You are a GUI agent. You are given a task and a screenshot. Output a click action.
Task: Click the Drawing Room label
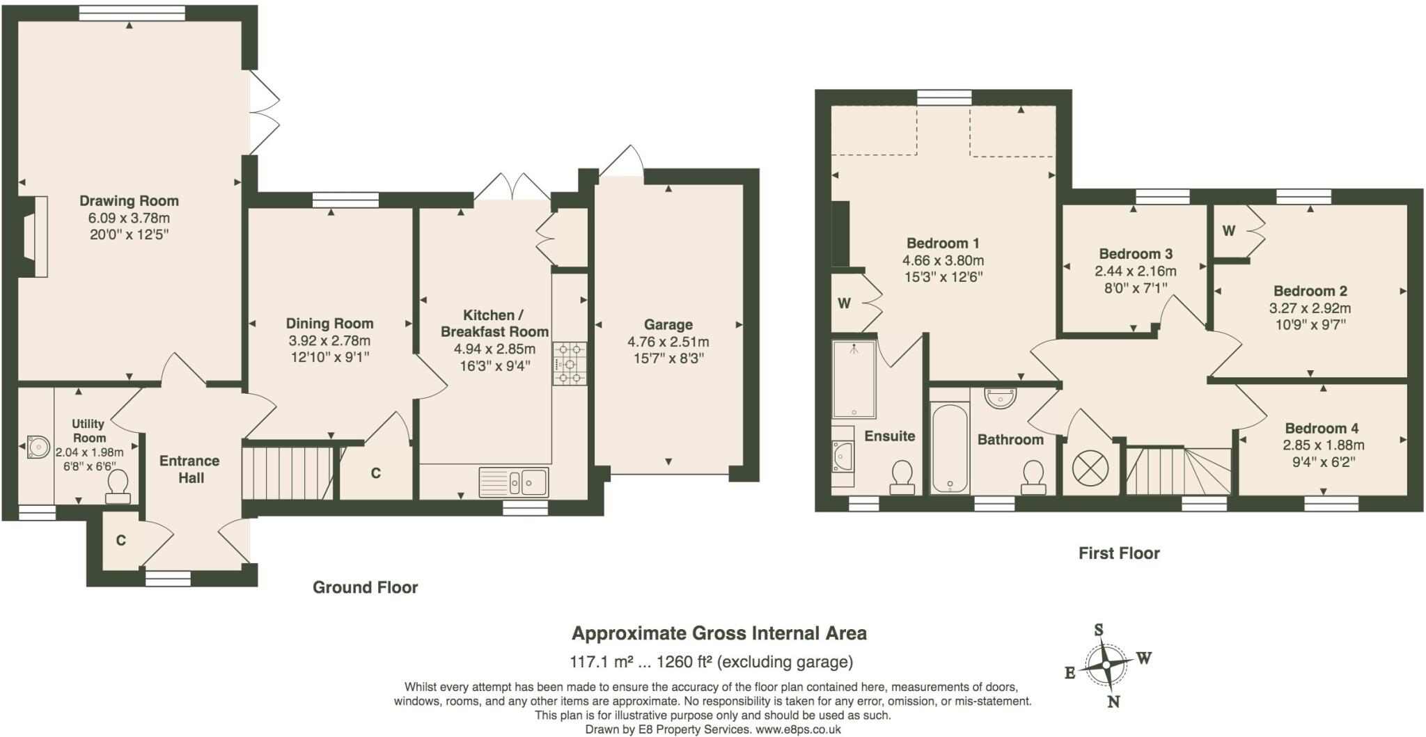(129, 201)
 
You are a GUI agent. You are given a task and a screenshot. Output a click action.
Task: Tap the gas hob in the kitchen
(570, 363)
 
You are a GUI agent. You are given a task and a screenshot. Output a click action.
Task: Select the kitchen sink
(514, 481)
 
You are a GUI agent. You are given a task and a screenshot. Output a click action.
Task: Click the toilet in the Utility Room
(118, 486)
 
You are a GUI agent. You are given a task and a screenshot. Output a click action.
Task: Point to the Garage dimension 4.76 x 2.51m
(668, 342)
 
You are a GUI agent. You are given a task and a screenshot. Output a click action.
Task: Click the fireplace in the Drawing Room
(33, 237)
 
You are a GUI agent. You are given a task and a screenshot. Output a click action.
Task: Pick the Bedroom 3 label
(1136, 254)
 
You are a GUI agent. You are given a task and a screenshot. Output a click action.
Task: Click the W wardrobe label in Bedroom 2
(1228, 230)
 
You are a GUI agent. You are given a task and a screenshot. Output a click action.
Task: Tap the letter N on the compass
(1113, 702)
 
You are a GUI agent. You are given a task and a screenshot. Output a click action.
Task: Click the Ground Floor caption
(365, 587)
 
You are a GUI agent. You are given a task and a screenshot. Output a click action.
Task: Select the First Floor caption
(1119, 553)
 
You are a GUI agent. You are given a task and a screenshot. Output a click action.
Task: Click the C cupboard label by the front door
(120, 541)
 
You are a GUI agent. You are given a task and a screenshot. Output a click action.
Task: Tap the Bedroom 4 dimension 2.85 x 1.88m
(1323, 445)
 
